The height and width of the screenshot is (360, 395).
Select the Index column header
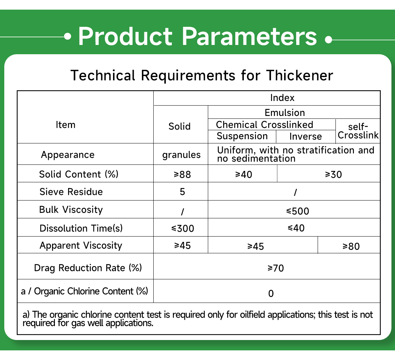[282, 98]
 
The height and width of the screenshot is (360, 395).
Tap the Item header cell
[66, 125]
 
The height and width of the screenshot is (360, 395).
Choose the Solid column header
[180, 126]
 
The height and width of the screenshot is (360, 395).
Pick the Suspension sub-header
[242, 136]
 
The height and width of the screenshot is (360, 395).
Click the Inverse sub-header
[306, 136]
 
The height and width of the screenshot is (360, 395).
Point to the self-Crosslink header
[358, 131]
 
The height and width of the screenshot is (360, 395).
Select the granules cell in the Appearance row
[181, 155]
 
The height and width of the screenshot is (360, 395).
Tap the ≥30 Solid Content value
[333, 174]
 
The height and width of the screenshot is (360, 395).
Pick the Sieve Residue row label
[71, 192]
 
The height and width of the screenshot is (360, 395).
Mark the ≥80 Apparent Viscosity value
[351, 246]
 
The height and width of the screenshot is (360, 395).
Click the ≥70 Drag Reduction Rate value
[276, 268]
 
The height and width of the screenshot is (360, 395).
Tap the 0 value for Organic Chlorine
[271, 294]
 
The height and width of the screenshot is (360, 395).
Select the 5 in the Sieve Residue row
[183, 192]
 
